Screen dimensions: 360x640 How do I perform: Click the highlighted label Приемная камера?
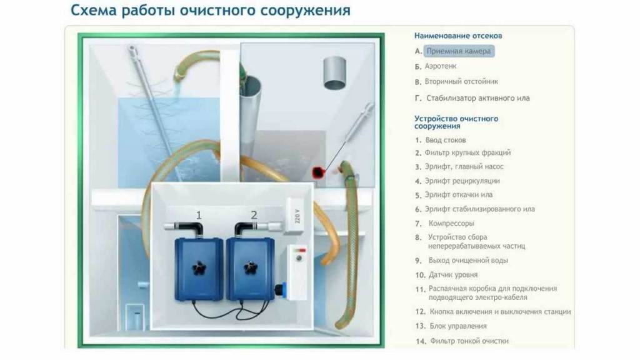(x=459, y=51)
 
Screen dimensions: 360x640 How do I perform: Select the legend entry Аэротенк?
(x=441, y=66)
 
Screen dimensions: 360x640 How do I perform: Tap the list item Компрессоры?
(x=451, y=223)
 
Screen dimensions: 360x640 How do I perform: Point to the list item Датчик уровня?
(x=453, y=274)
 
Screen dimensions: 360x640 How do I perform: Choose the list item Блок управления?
(x=458, y=326)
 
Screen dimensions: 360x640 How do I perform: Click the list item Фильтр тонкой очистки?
(x=469, y=341)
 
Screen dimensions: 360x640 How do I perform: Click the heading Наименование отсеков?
(x=458, y=36)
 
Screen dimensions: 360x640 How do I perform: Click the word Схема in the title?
(x=97, y=11)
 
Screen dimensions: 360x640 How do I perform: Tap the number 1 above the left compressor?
(x=199, y=216)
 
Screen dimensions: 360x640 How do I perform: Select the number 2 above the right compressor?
(x=254, y=216)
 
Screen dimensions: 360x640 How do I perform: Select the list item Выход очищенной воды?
(x=468, y=260)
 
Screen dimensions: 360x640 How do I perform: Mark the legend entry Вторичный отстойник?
(x=462, y=81)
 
